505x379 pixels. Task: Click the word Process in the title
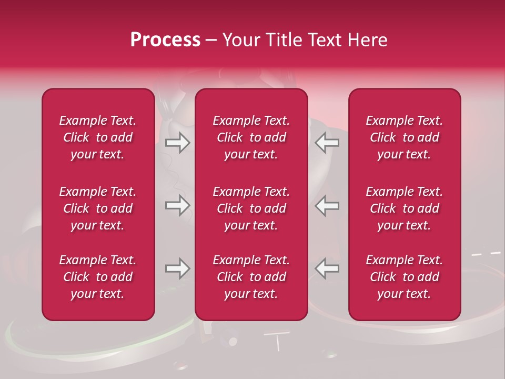[165, 40]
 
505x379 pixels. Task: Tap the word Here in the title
[368, 40]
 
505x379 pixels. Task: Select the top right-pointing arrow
[177, 143]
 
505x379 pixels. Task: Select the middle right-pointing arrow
[177, 205]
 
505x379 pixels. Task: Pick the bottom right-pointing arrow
[177, 268]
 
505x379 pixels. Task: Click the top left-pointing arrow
[327, 143]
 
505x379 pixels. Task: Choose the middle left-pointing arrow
[327, 205]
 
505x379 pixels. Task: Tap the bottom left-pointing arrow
[327, 268]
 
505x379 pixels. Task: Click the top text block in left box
[98, 137]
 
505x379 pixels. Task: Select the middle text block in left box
[98, 208]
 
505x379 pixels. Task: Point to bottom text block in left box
[98, 277]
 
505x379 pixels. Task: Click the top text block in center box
[251, 137]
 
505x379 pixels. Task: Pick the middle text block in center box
[251, 208]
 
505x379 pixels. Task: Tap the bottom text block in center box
[251, 277]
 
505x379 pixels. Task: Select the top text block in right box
[404, 137]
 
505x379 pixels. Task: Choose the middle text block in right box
[404, 208]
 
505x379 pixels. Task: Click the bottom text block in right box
[404, 277]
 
